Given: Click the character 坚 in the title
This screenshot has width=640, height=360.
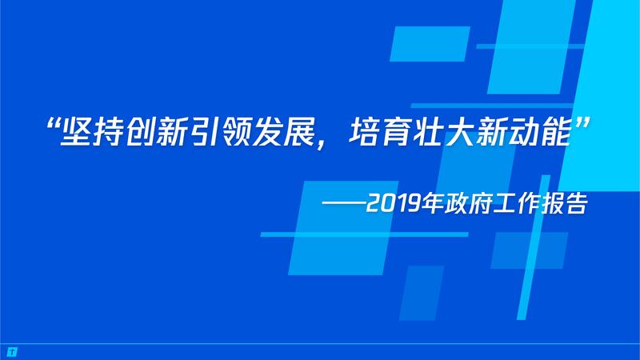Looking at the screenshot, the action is (x=75, y=132).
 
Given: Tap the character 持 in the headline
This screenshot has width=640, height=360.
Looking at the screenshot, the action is (x=108, y=132).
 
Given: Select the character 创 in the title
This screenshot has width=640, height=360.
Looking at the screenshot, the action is (x=139, y=132).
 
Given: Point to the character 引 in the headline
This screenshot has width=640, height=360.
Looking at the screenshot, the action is (x=203, y=132).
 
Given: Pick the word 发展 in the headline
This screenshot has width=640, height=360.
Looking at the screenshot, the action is (x=283, y=132).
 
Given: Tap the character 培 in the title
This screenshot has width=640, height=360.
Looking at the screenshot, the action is (x=364, y=132).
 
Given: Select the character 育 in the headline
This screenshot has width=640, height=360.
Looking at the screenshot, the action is (x=395, y=132).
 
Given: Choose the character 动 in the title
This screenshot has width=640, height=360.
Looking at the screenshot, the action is (x=523, y=132).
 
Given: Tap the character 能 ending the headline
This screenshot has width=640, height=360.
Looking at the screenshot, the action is (x=554, y=132).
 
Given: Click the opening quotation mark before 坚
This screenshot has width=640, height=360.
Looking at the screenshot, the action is (x=53, y=124).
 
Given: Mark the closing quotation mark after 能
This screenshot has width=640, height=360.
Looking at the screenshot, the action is (x=582, y=124).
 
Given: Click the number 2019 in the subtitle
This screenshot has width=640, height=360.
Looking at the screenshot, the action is (x=393, y=203).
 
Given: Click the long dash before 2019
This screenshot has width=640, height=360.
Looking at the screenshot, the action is (x=343, y=202).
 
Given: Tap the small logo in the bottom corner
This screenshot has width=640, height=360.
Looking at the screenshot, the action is (x=12, y=352).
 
